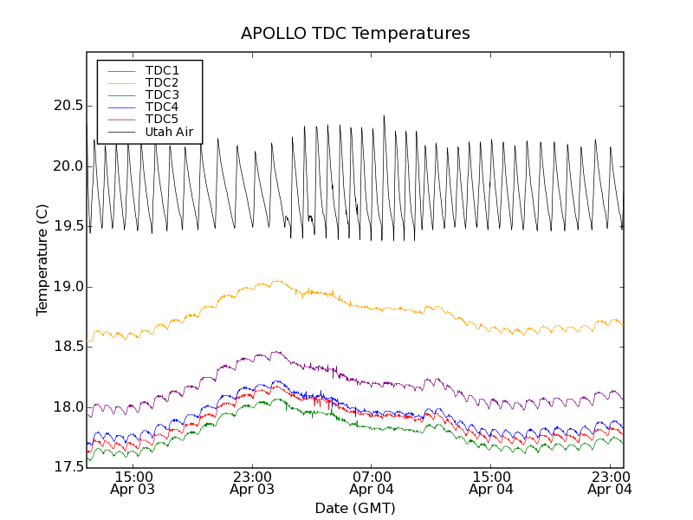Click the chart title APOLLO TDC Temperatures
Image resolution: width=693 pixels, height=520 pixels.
click(x=355, y=34)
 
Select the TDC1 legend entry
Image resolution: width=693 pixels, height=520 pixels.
click(x=162, y=70)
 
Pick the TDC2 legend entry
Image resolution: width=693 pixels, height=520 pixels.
click(x=162, y=82)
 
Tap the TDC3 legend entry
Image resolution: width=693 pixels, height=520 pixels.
click(x=162, y=94)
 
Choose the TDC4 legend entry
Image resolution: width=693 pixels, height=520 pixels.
click(x=162, y=107)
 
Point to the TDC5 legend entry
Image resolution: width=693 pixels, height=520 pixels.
click(x=162, y=120)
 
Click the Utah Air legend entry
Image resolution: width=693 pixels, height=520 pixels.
click(x=169, y=133)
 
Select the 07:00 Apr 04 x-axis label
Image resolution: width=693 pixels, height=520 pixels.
click(x=372, y=483)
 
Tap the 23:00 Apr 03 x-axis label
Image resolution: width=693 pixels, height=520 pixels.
click(x=252, y=483)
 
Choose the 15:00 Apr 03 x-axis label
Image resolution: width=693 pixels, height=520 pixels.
click(x=133, y=483)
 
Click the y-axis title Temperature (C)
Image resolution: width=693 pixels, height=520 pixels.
click(x=42, y=260)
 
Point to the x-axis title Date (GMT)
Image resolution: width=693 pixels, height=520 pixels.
click(x=355, y=508)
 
